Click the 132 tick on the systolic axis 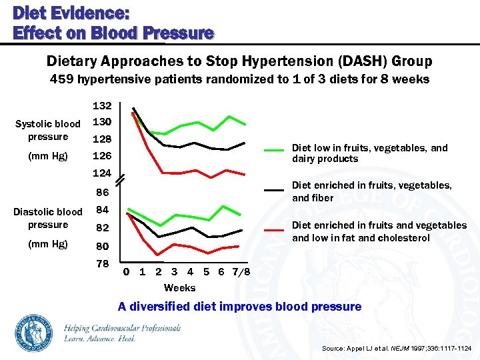(101, 106)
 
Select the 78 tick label (102, 264)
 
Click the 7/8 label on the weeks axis (241, 272)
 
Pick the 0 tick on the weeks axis (127, 272)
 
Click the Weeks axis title (179, 288)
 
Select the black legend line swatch (274, 190)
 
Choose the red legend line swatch (274, 230)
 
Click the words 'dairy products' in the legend (325, 159)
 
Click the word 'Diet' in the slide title (29, 13)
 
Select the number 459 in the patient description (62, 80)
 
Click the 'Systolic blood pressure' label (47, 130)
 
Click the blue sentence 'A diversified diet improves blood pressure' (239, 307)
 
